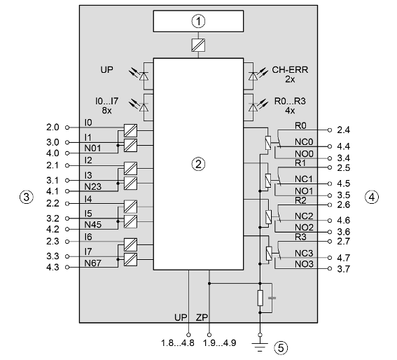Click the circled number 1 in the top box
[198, 21]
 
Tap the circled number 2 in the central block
[198, 164]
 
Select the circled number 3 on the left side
[27, 197]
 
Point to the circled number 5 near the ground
[281, 347]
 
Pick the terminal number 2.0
[53, 127]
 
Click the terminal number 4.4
[343, 146]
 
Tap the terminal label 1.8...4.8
[178, 342]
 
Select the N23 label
[92, 187]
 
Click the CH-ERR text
[290, 69]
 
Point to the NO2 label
[304, 227]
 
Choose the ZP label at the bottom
[202, 317]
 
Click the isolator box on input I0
[130, 130]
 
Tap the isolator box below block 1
[198, 46]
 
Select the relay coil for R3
[269, 253]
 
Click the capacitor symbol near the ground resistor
[272, 298]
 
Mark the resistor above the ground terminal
[260, 298]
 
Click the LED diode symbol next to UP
[144, 76]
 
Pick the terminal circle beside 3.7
[330, 268]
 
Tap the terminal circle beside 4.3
[67, 267]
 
